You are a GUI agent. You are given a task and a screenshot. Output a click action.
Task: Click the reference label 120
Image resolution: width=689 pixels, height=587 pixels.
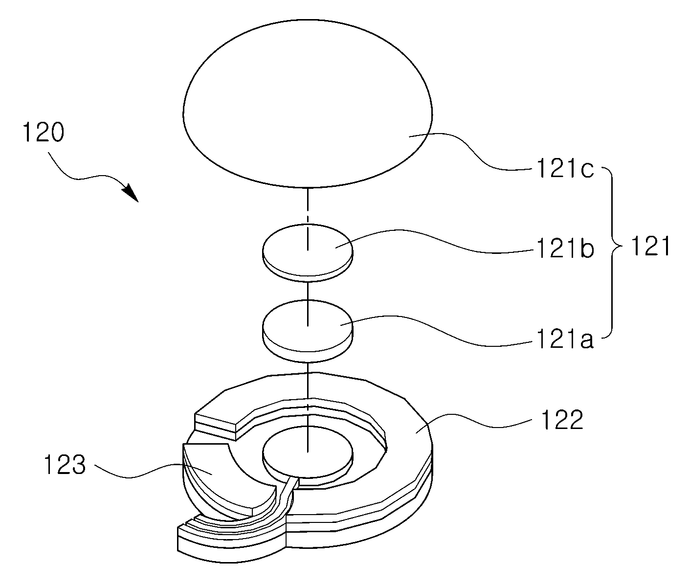[43, 133]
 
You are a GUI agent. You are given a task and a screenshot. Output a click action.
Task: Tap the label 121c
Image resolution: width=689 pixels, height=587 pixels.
[565, 169]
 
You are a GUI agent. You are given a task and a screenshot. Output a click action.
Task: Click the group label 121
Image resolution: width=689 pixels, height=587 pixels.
[650, 246]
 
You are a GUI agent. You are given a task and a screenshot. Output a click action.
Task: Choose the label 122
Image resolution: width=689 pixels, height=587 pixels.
[562, 420]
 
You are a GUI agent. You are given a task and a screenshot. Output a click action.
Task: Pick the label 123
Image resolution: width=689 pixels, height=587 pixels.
[65, 465]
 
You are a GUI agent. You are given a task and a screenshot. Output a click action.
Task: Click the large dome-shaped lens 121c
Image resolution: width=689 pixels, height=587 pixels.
[308, 103]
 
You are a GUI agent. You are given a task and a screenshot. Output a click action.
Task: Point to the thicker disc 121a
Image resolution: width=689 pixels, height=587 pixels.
[308, 331]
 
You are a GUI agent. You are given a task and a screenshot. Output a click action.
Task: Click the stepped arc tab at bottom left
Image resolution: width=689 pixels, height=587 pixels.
[230, 537]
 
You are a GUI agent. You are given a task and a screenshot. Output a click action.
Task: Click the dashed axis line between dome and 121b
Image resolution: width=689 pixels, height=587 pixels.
[308, 219]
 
